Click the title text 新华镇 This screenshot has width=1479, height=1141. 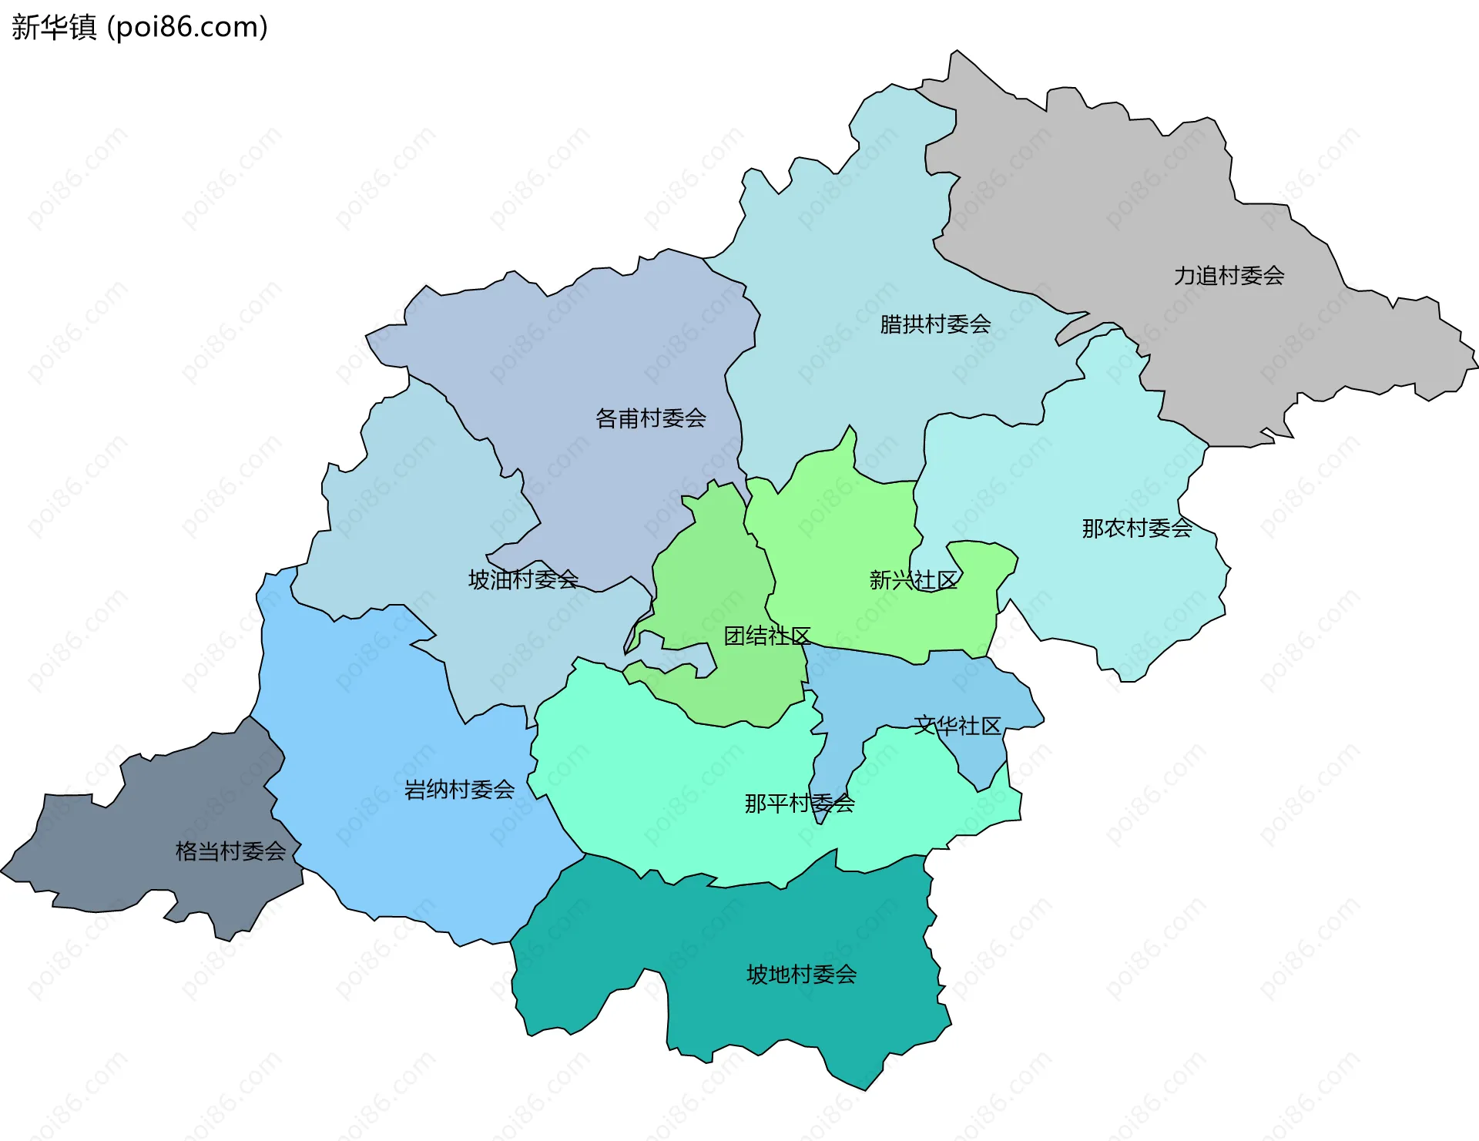pyautogui.click(x=54, y=28)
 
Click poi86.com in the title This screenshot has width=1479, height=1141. pyautogui.click(x=188, y=28)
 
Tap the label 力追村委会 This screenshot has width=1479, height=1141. pyautogui.click(x=1229, y=276)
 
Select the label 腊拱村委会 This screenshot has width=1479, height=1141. pyautogui.click(x=935, y=324)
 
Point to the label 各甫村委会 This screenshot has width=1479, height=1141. pyautogui.click(x=651, y=418)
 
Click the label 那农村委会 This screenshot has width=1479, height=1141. pyautogui.click(x=1137, y=529)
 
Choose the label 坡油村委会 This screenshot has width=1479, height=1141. pyautogui.click(x=523, y=579)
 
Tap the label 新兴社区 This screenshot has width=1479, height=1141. pyautogui.click(x=914, y=580)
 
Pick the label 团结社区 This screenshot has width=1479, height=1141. pyautogui.click(x=767, y=636)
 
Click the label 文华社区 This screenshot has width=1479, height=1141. pyautogui.click(x=957, y=726)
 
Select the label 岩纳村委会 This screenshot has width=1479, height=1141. pyautogui.click(x=460, y=790)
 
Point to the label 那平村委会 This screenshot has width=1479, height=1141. pyautogui.click(x=800, y=804)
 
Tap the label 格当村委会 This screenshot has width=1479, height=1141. pyautogui.click(x=231, y=851)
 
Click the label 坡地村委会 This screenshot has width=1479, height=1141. pyautogui.click(x=802, y=975)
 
